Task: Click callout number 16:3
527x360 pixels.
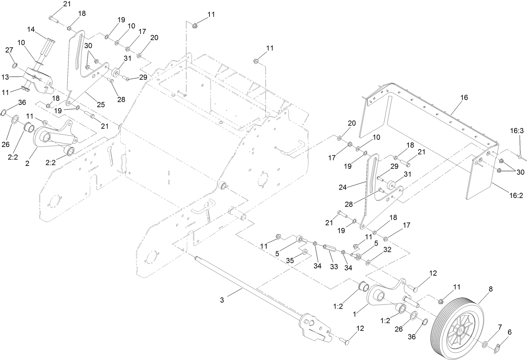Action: [516, 131]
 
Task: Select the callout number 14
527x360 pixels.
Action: [31, 29]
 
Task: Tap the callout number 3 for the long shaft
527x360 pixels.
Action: [222, 300]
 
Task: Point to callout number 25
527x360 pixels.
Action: [101, 104]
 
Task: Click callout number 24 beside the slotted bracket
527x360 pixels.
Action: [343, 187]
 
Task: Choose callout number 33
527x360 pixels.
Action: [334, 267]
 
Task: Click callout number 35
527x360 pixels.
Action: [290, 261]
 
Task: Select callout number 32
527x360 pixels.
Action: [387, 250]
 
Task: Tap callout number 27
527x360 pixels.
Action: [9, 50]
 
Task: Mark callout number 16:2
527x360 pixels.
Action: [516, 195]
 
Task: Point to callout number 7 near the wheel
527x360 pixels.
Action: [500, 327]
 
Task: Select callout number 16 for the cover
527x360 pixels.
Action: [464, 97]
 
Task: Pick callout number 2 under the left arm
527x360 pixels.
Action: [27, 163]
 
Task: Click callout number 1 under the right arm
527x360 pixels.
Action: [355, 315]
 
